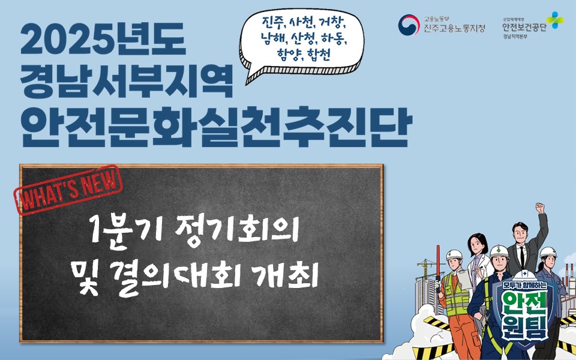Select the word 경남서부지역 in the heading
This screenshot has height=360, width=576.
coord(125,82)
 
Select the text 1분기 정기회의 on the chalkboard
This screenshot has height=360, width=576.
coord(193,231)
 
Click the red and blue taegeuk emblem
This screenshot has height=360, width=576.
coord(409,25)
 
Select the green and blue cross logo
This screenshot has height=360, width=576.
coord(554,19)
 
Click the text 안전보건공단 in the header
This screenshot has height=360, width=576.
coord(524,26)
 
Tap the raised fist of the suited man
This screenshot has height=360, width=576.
coord(539,208)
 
